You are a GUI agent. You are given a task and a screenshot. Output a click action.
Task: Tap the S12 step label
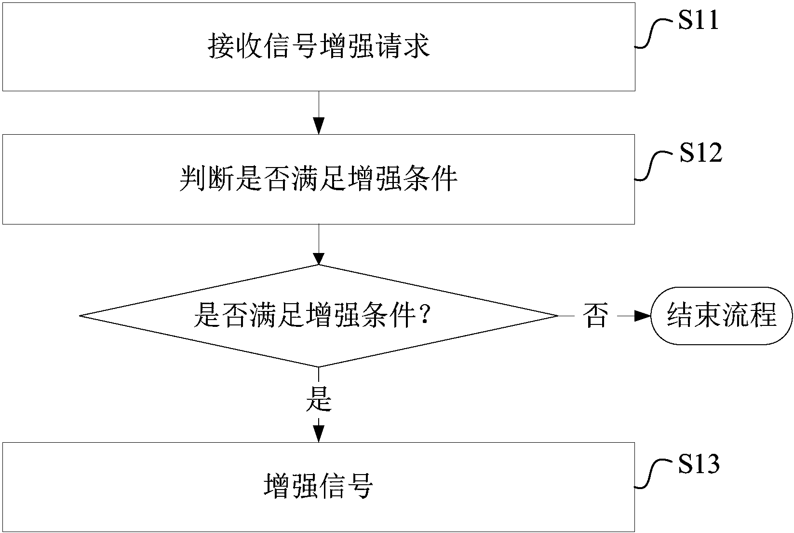pos(700,154)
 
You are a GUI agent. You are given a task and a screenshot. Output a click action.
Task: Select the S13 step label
pos(699,464)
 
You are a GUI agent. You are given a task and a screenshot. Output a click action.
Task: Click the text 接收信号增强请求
pos(319,47)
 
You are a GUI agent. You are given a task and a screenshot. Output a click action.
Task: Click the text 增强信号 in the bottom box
pos(319,487)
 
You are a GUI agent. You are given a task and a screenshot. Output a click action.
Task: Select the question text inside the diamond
pos(311,316)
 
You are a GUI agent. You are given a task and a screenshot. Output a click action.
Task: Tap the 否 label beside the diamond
pos(595,316)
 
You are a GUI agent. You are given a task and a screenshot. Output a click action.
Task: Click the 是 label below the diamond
pos(319,400)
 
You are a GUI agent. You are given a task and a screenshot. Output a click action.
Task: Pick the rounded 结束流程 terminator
pos(722,316)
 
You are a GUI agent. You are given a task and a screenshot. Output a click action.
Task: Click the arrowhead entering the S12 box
pos(319,126)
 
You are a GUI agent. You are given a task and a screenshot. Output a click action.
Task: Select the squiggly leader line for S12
pos(653,165)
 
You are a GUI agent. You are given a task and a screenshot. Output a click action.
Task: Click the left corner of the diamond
pos(81,316)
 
